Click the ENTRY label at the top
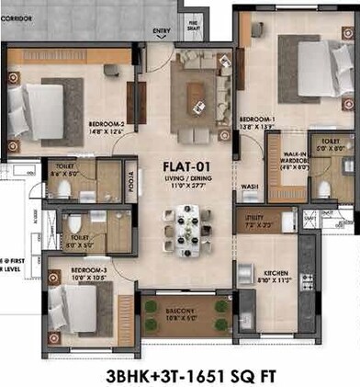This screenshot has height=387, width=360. pyautogui.click(x=163, y=30)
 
